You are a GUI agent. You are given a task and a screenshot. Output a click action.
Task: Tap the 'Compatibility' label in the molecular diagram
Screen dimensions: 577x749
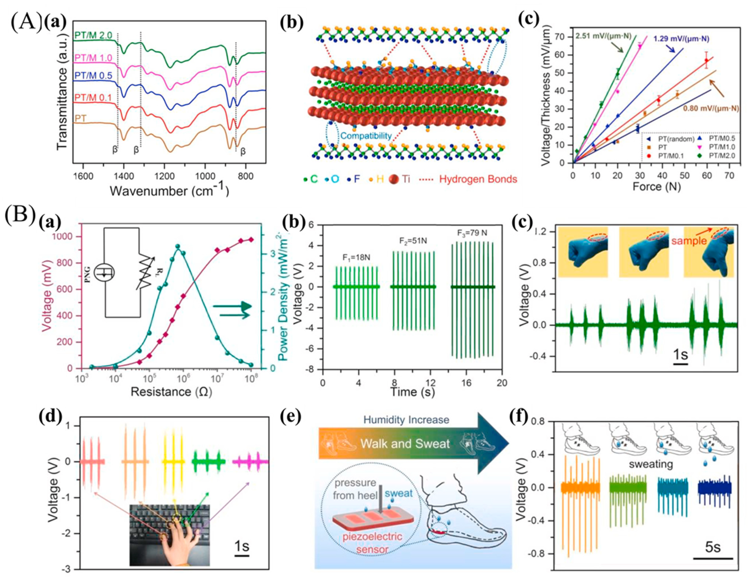pyautogui.click(x=366, y=136)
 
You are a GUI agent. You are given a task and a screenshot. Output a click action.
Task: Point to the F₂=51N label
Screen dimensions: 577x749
pyautogui.click(x=413, y=241)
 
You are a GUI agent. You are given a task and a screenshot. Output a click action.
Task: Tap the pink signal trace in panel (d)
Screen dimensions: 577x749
pyautogui.click(x=250, y=461)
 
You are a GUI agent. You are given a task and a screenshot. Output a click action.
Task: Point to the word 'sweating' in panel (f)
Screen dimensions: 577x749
pyautogui.click(x=651, y=465)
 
